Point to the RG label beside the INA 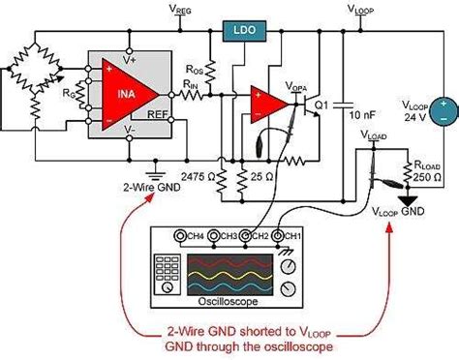[68, 94]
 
